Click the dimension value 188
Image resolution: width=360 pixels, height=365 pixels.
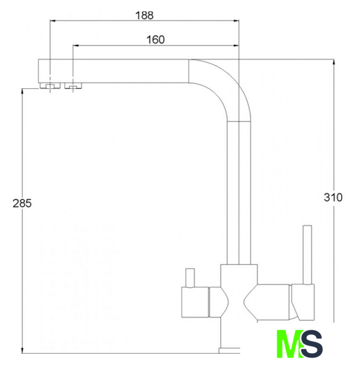pos(144,15)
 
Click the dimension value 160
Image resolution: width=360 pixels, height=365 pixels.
pos(156,39)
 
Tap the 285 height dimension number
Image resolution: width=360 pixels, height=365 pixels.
pos(22,204)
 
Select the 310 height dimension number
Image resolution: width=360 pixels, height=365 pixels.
pos(333,197)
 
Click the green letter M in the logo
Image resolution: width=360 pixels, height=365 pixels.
pos(289,343)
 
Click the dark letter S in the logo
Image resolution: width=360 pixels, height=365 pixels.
pos(311,343)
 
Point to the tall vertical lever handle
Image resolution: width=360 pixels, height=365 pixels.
pos(308,255)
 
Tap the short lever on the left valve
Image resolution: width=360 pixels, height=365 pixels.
pos(190,278)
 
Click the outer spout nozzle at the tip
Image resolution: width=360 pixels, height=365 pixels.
pos(50,86)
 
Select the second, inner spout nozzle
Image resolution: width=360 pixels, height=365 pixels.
pos(73,86)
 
